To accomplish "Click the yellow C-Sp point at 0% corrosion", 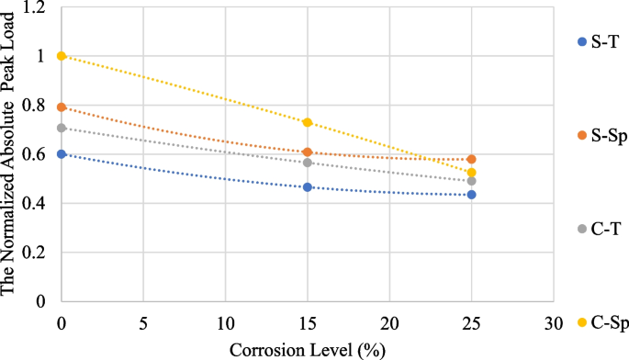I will [x=62, y=56].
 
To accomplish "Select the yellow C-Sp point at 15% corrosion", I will [x=308, y=122].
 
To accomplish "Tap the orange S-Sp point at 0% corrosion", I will [x=62, y=107].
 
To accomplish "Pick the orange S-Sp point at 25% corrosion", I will [x=471, y=159].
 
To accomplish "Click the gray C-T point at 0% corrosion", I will [x=62, y=128].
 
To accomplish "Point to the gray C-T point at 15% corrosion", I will [x=308, y=163].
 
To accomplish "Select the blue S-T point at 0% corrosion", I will [x=62, y=154].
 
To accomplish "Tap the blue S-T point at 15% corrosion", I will [x=308, y=187].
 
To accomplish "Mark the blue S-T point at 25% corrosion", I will [x=471, y=195].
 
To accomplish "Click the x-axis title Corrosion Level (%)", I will [x=307, y=349].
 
